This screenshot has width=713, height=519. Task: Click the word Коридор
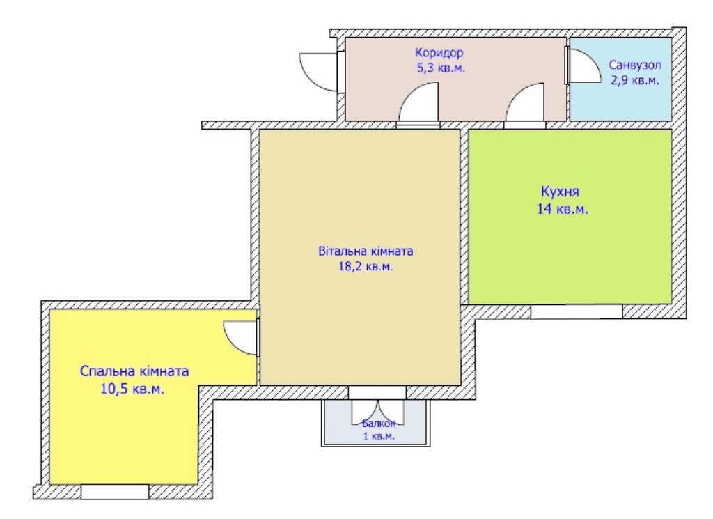439,53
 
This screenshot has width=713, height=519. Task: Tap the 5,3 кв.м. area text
441,68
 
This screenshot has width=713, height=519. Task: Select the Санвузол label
635,65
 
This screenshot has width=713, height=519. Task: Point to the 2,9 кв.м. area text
635,81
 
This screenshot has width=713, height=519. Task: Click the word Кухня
561,192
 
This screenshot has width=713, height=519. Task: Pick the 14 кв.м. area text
563,209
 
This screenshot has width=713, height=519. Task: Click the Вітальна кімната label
366,251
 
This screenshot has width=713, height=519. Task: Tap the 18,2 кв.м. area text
366,267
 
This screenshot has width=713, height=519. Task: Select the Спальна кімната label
134,371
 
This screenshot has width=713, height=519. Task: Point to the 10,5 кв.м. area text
132,389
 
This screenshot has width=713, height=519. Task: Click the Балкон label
379,424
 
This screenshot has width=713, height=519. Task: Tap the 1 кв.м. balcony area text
379,436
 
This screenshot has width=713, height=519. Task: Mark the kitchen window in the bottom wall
577,311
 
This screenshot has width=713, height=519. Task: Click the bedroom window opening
115,492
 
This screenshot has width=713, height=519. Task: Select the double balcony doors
377,412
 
